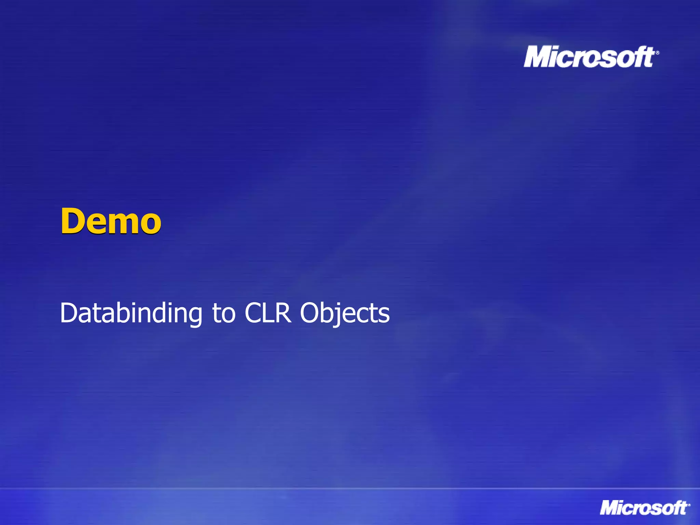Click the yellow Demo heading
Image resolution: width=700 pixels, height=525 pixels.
111,221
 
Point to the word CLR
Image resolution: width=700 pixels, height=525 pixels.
268,313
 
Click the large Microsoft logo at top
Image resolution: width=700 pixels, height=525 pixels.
590,57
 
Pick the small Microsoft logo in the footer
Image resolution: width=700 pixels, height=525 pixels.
644,508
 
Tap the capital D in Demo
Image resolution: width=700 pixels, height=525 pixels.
72,221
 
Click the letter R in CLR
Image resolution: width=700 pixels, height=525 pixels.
283,313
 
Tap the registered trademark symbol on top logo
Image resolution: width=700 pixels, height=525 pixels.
657,53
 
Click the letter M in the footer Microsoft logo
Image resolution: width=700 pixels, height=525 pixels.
609,508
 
